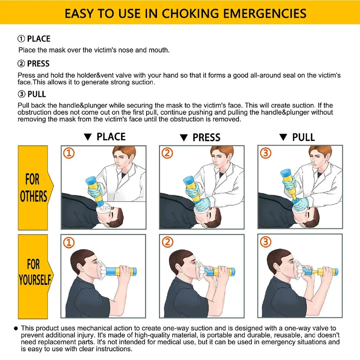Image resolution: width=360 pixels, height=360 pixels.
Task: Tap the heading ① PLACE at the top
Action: (34, 39)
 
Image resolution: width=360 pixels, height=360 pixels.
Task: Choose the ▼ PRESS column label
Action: (200, 138)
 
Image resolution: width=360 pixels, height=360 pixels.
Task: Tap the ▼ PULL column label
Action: (297, 137)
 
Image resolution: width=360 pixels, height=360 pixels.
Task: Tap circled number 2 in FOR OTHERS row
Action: (167, 153)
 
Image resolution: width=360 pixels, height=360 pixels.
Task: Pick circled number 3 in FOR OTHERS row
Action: (265, 153)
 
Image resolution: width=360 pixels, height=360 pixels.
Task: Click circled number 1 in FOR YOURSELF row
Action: (69, 242)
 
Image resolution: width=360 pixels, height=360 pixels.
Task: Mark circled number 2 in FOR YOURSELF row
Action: (167, 242)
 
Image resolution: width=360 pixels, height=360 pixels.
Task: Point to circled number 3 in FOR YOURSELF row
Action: (265, 242)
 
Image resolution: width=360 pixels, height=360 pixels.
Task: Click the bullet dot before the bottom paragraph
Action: (16, 328)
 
